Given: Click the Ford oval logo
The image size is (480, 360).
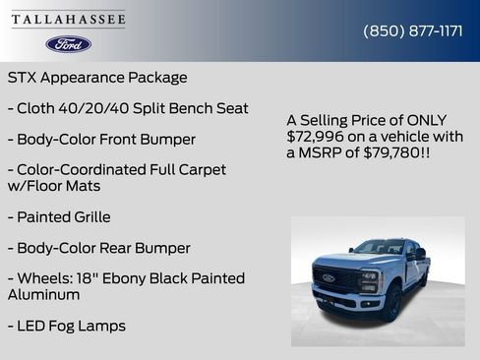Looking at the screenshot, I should pos(68,44).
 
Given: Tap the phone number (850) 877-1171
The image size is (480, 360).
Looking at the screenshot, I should pos(413,30).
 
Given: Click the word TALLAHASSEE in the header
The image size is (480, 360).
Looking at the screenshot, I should pos(69,20).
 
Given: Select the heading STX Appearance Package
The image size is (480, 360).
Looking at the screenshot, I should pos(97,77).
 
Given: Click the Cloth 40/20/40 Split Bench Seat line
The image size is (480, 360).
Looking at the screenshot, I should pos(128,108).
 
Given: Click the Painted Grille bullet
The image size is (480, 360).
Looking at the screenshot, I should pos(59,216).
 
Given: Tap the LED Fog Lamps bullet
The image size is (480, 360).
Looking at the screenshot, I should pos(66,325).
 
